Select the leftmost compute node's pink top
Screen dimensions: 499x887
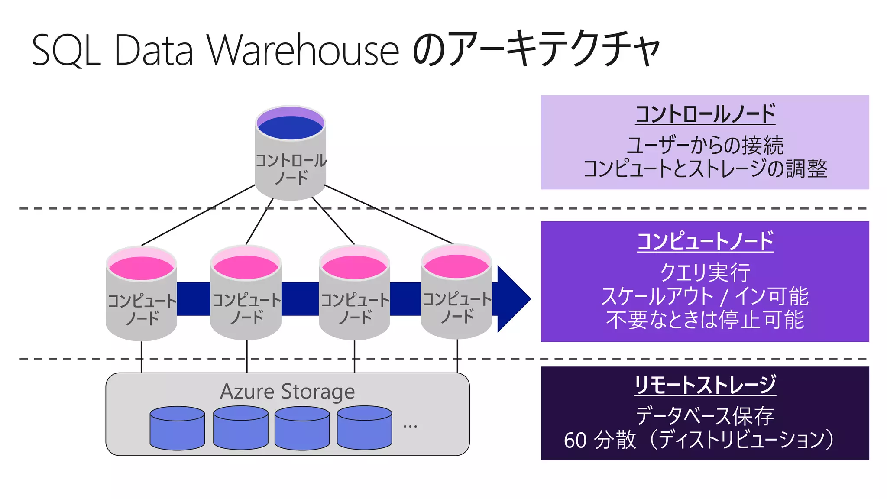coord(141,268)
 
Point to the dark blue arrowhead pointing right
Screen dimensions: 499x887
coord(513,299)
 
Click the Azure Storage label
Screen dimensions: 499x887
coord(287,392)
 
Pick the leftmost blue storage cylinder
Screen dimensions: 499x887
coord(177,429)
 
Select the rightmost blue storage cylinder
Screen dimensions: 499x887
coord(364,429)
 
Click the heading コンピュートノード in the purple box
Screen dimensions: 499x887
coord(705,241)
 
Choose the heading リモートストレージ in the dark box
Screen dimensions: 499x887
coord(705,385)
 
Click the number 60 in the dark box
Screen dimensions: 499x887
coord(575,441)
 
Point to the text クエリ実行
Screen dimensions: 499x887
coord(705,273)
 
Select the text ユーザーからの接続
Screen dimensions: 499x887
coord(705,145)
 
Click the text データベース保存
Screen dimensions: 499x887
coord(705,416)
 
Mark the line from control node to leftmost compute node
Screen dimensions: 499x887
coord(197,215)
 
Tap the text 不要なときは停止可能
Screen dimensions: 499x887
coord(705,320)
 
